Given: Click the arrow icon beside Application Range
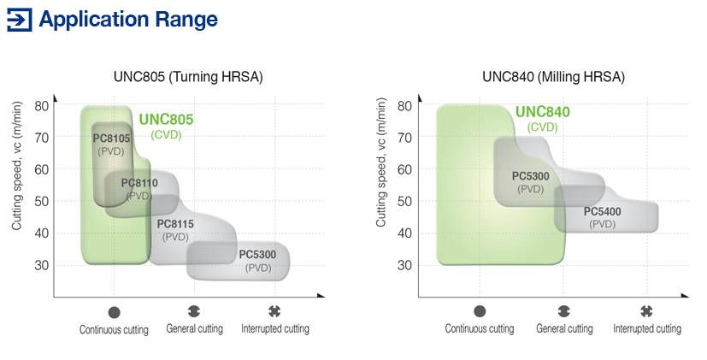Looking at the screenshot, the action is (x=20, y=20).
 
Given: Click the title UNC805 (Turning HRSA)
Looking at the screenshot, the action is (x=188, y=76).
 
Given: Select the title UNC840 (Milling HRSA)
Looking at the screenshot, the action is (x=553, y=76).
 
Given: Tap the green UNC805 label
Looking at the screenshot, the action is (x=166, y=119).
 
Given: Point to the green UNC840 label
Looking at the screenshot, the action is (x=542, y=111).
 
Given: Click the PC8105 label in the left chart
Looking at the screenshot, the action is (x=111, y=138).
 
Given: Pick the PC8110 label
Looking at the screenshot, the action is (x=139, y=183).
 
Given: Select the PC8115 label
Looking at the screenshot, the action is (x=175, y=224).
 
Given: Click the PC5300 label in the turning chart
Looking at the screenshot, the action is (x=257, y=255).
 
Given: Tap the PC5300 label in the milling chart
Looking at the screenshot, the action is (x=531, y=176).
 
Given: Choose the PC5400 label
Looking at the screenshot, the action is (x=603, y=211).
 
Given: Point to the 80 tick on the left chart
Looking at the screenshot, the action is (x=42, y=106).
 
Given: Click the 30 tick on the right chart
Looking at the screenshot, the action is (x=404, y=265).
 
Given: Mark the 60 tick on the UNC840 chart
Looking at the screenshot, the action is (x=404, y=169).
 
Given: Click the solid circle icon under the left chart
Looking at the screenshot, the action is (x=114, y=312).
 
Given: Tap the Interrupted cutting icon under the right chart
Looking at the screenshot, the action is (x=646, y=311).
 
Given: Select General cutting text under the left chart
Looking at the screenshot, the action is (x=195, y=328).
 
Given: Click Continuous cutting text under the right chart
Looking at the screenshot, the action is (x=480, y=328).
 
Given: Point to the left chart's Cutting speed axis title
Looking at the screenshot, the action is (x=17, y=166).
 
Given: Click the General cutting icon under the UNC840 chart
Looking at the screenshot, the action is (x=564, y=311).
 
